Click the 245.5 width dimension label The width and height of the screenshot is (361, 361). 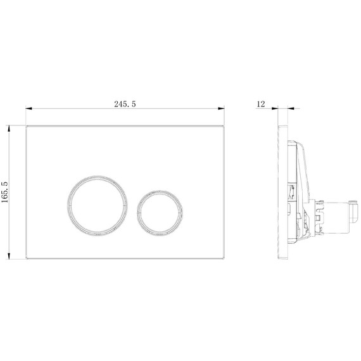click(125, 104)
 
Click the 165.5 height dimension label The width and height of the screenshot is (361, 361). click(5, 193)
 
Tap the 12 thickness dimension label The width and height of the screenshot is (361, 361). click(261, 104)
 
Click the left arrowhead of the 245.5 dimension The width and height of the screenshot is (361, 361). click(28, 108)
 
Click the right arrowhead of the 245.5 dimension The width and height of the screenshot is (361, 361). click(221, 108)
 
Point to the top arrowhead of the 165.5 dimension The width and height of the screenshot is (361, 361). click(9, 129)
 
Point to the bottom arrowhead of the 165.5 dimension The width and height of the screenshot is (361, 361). click(9, 256)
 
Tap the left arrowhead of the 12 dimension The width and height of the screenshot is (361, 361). click(275, 108)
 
